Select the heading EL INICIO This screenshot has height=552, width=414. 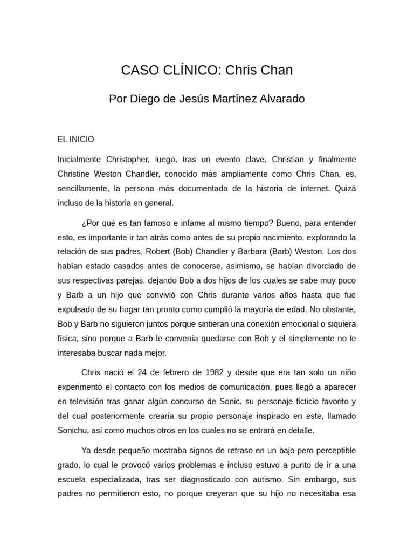(x=75, y=139)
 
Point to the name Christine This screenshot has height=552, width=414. (x=74, y=175)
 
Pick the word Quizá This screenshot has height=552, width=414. (x=345, y=189)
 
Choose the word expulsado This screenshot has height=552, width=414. (x=77, y=310)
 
